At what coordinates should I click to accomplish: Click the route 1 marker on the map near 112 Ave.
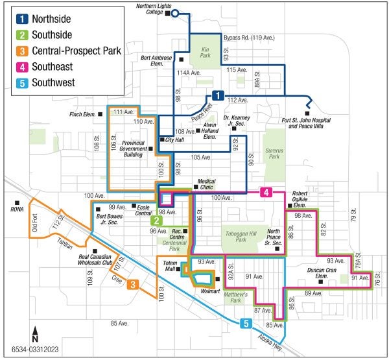click(218, 96)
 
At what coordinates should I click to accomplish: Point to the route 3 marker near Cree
click(132, 284)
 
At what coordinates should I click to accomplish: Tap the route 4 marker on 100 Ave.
click(266, 192)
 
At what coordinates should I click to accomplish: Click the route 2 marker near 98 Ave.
click(156, 220)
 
